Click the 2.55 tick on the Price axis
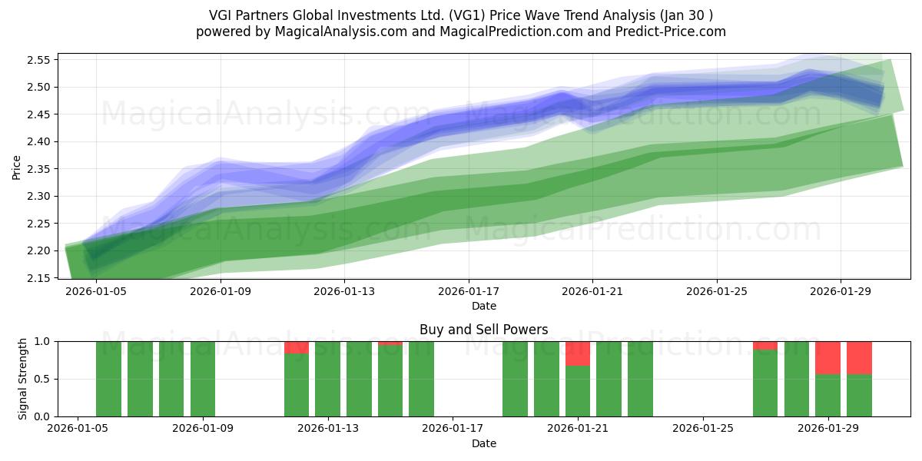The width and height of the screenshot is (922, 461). [x=38, y=60]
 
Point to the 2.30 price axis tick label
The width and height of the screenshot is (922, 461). [x=38, y=197]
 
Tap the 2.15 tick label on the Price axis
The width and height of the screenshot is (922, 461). [x=38, y=278]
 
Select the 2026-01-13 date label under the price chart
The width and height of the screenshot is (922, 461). [x=344, y=291]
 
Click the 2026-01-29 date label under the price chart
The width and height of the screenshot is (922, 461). [x=841, y=291]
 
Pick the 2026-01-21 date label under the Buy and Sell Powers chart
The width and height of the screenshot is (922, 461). [x=578, y=429]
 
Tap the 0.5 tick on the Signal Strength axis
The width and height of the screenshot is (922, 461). [x=42, y=379]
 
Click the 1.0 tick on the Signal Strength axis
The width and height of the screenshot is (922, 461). [x=42, y=342]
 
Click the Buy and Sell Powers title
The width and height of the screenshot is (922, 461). [x=483, y=330]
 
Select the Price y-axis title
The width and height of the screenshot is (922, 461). [x=16, y=167]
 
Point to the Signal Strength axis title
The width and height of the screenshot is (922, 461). [x=22, y=379]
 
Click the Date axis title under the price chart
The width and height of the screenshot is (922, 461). [x=483, y=306]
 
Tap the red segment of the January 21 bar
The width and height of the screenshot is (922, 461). [x=578, y=353]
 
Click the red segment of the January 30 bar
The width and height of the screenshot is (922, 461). [x=860, y=358]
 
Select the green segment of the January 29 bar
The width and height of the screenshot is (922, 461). [x=827, y=396]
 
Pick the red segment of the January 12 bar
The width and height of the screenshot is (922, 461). [x=297, y=347]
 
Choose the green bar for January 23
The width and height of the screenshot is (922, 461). [x=641, y=379]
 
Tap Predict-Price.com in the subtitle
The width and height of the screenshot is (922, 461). [x=671, y=32]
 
